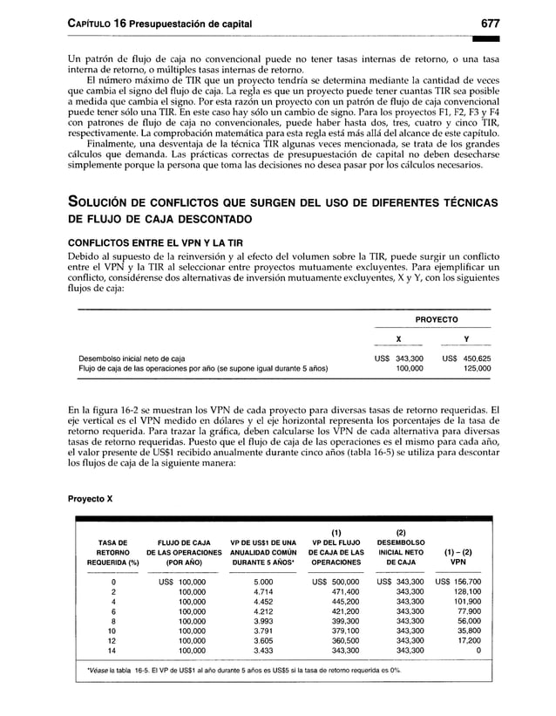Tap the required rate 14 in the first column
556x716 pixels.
tap(112, 650)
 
